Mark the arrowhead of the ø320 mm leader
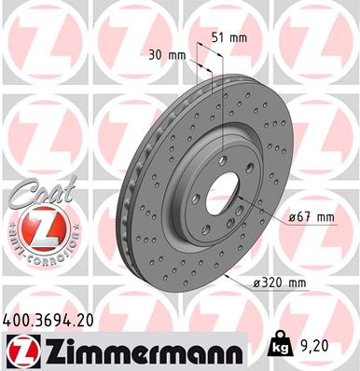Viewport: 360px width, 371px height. click(x=225, y=277)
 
